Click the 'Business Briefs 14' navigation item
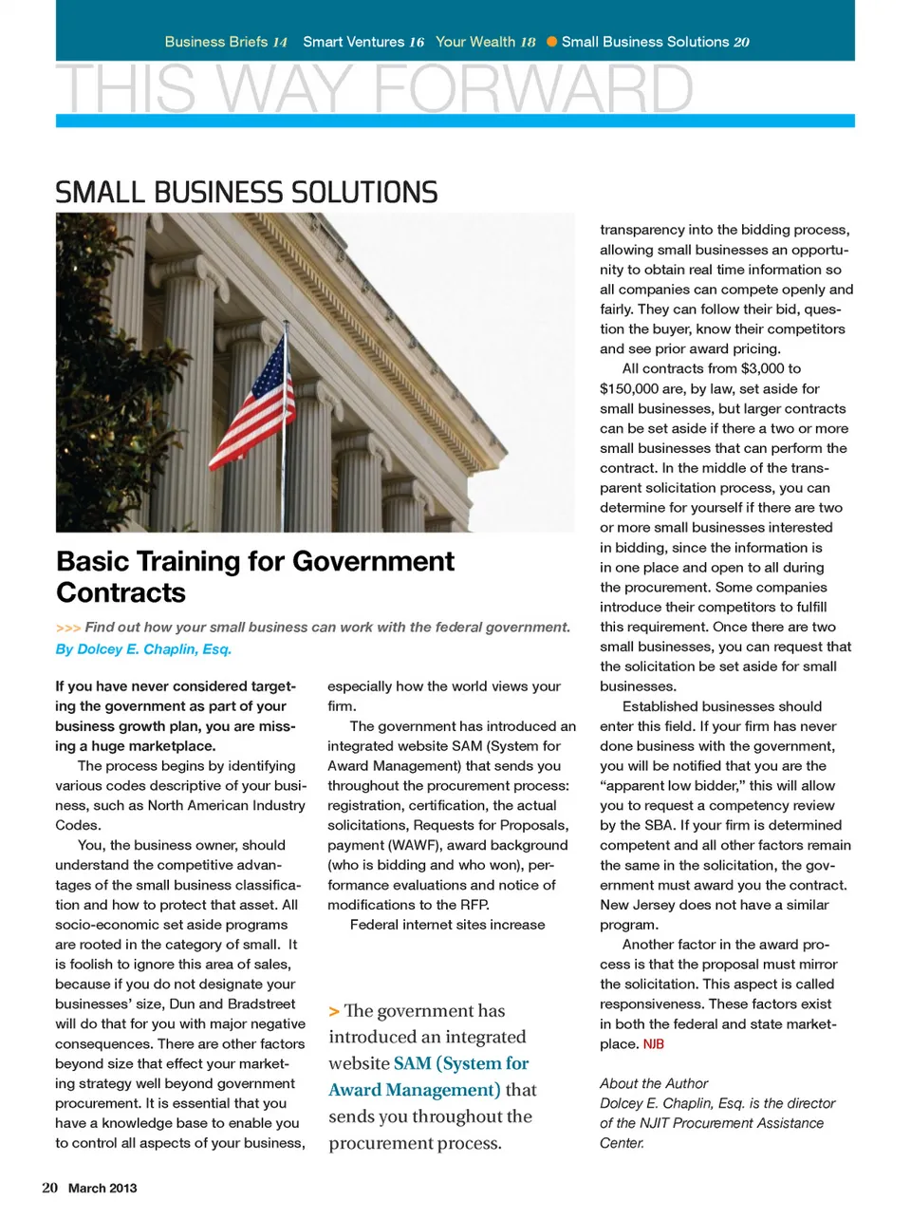coord(226,42)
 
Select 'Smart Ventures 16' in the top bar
coord(363,42)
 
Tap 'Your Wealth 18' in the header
coord(486,42)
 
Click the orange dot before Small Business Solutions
coord(551,42)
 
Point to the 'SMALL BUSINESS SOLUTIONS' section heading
coord(247,193)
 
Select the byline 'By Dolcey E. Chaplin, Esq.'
coord(143,649)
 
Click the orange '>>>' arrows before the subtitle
coord(67,628)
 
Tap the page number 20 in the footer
coord(49,1188)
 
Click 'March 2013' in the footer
coord(102,1188)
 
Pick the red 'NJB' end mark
coord(654,1044)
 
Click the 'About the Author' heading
coord(654,1083)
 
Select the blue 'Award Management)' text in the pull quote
coord(415,1090)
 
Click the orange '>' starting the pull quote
coord(334,1012)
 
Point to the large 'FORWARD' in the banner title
coord(533,90)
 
